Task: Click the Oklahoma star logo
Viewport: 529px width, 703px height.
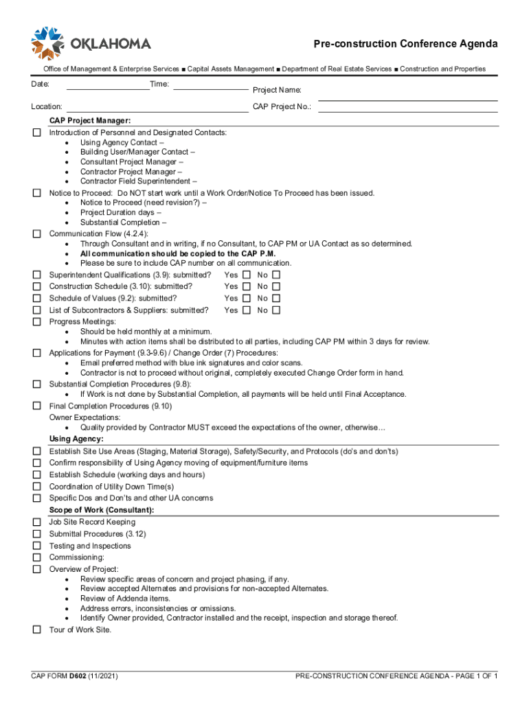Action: (x=47, y=43)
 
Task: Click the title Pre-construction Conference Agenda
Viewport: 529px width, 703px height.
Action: (x=405, y=44)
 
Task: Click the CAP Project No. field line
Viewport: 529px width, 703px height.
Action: (x=408, y=110)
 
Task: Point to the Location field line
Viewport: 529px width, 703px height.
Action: (x=156, y=110)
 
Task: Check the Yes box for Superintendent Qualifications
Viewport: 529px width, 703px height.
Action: (x=247, y=275)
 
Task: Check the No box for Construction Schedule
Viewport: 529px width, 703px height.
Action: (x=276, y=286)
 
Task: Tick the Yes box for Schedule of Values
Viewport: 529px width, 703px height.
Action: (x=247, y=298)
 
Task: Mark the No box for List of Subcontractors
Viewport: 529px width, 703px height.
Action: (x=276, y=310)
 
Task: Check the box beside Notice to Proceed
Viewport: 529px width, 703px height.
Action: (x=37, y=193)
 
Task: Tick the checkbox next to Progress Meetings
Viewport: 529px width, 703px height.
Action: (x=37, y=321)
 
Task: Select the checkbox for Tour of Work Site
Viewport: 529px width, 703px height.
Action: (x=37, y=630)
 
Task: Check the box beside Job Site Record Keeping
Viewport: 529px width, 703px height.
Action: (x=37, y=522)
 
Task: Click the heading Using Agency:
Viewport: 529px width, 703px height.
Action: (x=76, y=439)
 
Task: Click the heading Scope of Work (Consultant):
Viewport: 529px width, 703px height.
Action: (x=101, y=510)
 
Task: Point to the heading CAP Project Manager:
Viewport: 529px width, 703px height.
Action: (x=89, y=121)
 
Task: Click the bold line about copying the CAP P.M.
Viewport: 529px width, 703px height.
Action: (x=177, y=253)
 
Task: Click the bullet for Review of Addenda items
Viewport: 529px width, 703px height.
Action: (x=125, y=599)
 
